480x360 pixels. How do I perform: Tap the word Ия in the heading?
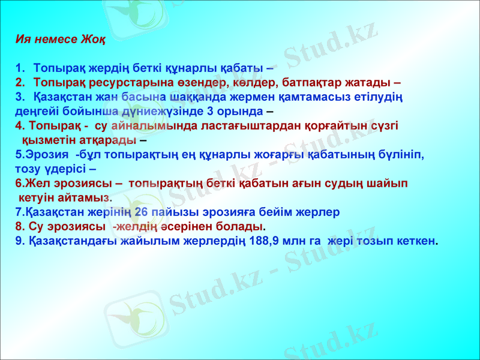point(23,40)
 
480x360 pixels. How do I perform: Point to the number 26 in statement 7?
point(142,212)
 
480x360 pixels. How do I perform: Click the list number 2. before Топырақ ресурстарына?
point(20,82)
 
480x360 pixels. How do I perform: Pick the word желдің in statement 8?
point(133,227)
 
